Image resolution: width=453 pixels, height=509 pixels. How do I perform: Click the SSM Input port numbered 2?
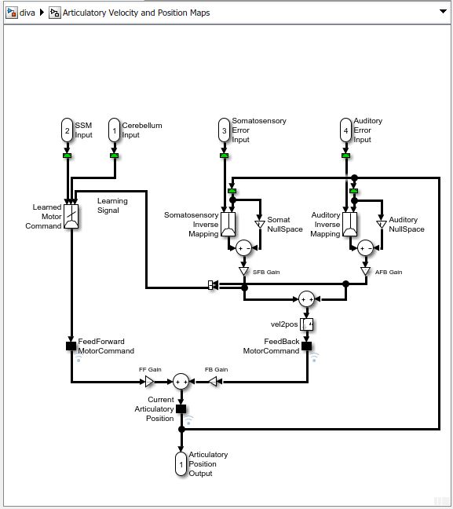[68, 130]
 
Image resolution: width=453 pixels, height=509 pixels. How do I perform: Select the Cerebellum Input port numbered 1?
[114, 130]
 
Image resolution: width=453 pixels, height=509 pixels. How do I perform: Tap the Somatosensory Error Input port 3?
[224, 130]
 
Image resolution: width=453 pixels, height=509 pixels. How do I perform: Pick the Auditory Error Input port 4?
[346, 130]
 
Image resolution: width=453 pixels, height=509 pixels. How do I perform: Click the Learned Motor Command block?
[71, 217]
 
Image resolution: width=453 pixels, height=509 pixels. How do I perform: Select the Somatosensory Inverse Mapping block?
[228, 224]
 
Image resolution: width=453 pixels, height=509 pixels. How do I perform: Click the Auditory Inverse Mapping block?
[349, 224]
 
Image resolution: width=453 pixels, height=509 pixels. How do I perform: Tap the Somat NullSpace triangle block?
[260, 224]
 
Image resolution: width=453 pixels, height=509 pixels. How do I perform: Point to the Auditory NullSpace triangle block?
[382, 224]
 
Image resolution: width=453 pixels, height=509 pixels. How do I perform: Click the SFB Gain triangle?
[244, 272]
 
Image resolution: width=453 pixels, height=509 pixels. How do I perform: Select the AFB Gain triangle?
[366, 272]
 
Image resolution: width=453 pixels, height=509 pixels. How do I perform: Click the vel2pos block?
[307, 324]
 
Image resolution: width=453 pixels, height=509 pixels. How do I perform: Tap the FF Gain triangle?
[149, 381]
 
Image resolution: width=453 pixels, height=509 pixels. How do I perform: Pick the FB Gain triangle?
[212, 381]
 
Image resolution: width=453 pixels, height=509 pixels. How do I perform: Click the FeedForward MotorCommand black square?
[71, 346]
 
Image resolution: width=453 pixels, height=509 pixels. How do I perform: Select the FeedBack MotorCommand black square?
[307, 346]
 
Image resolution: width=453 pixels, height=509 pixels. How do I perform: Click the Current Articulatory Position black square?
[181, 408]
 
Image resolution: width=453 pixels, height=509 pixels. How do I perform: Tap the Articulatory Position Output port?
[181, 463]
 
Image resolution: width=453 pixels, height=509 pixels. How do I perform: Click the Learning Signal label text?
[112, 206]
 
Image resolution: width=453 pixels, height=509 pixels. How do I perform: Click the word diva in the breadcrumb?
[27, 13]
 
